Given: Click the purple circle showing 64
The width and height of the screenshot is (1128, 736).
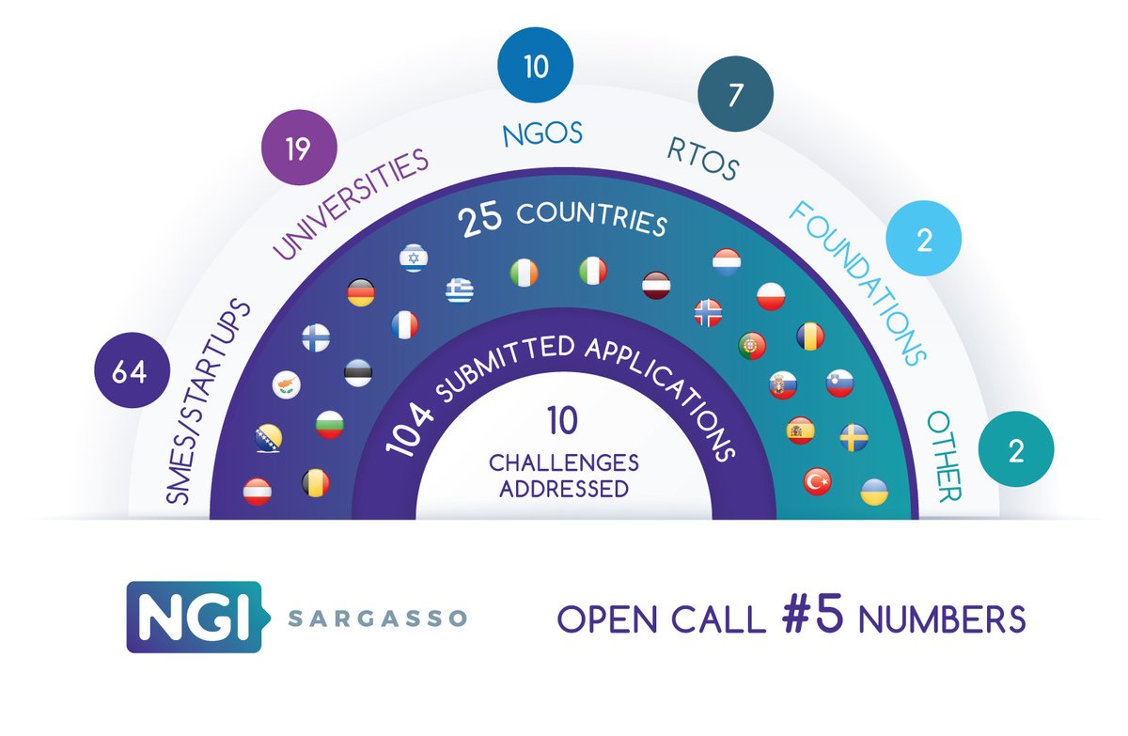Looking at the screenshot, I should (x=130, y=373).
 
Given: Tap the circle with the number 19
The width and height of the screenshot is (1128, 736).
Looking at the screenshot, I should (x=297, y=149).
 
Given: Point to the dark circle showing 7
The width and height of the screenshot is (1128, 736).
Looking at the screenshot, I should (x=735, y=96).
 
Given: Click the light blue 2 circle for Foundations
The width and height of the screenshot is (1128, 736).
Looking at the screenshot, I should (x=924, y=243).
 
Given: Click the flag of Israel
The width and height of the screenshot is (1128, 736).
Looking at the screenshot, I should (x=414, y=258).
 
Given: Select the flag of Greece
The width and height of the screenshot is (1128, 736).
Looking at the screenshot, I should (x=460, y=288).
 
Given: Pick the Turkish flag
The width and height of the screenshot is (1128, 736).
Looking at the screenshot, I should (x=817, y=482).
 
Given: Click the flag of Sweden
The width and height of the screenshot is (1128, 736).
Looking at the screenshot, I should (x=854, y=437).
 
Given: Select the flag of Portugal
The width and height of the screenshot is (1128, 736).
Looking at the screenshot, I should (x=753, y=345).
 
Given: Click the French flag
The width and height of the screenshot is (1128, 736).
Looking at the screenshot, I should (x=404, y=325).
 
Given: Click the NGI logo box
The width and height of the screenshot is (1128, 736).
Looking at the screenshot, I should (x=193, y=616).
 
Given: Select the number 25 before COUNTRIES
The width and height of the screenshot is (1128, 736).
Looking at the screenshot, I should (x=478, y=222).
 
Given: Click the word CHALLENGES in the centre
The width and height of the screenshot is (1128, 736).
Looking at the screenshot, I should (x=563, y=463).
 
